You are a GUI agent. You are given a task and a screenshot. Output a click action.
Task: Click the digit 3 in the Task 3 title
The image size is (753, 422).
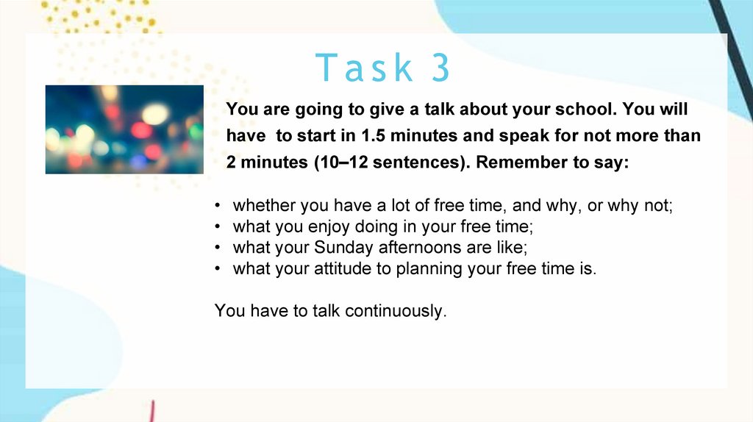pyautogui.click(x=440, y=67)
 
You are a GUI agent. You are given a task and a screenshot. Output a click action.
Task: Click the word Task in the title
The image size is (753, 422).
pyautogui.click(x=364, y=67)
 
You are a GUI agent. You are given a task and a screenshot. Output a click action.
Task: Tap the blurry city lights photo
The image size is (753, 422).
pyautogui.click(x=124, y=129)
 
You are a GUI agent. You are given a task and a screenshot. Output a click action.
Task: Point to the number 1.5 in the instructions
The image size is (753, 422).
pyautogui.click(x=373, y=135)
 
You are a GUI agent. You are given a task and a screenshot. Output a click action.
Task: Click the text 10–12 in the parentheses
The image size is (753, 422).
pyautogui.click(x=344, y=162)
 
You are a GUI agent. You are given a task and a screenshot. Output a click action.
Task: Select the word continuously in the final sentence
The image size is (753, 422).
pyautogui.click(x=396, y=311)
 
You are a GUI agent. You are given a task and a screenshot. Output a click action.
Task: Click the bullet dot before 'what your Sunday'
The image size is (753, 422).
pyautogui.click(x=218, y=248)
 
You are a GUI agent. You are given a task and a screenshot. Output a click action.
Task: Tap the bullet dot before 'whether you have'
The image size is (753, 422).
pyautogui.click(x=218, y=206)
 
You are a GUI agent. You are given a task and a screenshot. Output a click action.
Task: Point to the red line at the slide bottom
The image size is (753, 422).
pyautogui.click(x=151, y=412)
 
